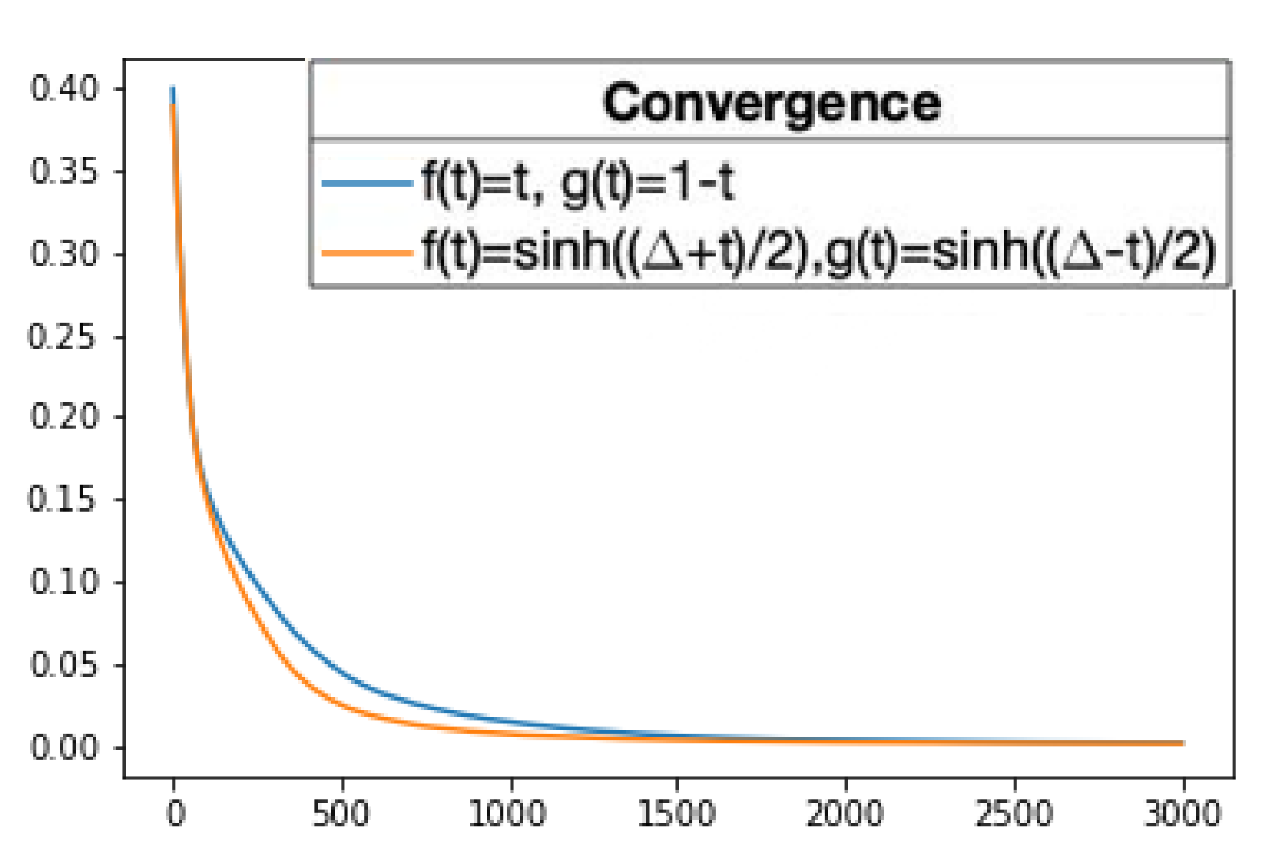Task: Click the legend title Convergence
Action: click(771, 103)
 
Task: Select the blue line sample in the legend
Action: click(367, 184)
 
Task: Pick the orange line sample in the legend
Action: click(367, 253)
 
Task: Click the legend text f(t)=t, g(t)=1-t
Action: click(578, 183)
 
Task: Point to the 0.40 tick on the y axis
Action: click(64, 89)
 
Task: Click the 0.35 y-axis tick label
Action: click(64, 171)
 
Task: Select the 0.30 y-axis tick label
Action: click(64, 254)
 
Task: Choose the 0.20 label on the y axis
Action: click(64, 417)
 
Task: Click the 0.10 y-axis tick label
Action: click(64, 582)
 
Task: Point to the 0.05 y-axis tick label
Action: click(64, 665)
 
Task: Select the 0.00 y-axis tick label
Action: click(64, 748)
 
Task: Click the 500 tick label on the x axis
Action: click(341, 814)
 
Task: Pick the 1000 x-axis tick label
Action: click(508, 814)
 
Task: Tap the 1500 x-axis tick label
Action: click(677, 814)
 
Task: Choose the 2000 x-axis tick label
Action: click(845, 814)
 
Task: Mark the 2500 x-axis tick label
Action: click(1014, 814)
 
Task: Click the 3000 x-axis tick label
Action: click(1183, 814)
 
